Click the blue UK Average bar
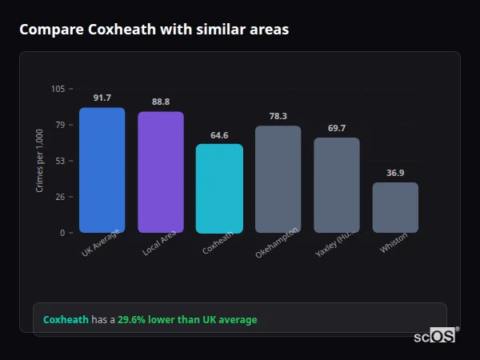102,170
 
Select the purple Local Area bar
161,172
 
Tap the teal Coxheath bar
219,189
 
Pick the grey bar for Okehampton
278,179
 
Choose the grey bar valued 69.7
337,186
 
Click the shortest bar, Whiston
395,208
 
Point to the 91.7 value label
102,98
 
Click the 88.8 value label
161,102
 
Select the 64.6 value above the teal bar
219,135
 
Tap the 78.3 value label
278,116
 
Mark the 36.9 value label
395,173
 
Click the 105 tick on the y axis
58,89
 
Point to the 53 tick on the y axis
60,161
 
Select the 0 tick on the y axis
62,233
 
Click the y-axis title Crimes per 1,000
40,161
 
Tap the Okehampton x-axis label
277,242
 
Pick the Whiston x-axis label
394,243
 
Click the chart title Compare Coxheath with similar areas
154,30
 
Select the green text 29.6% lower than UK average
187,320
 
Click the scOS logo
435,336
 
